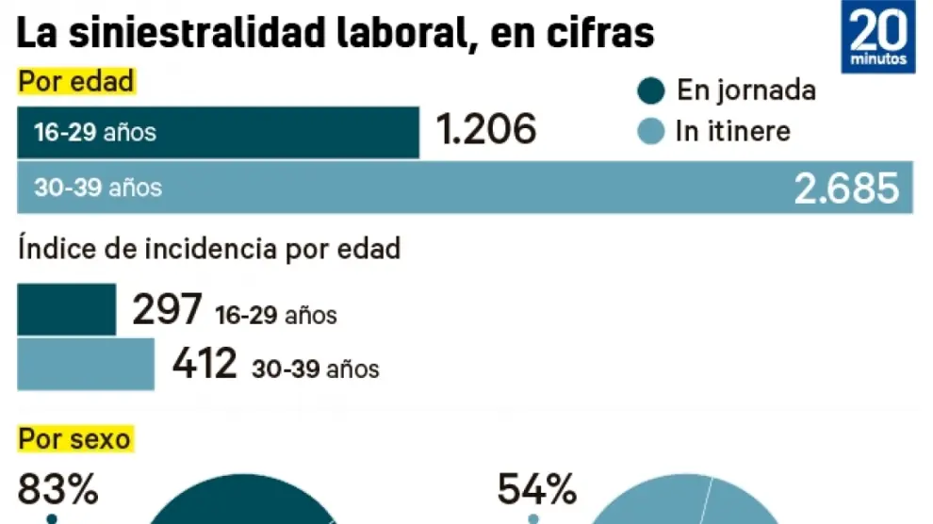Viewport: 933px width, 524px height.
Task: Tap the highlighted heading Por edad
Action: coord(75,82)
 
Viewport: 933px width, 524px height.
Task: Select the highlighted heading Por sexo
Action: coord(74,438)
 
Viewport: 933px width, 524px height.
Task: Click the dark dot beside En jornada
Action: coord(651,91)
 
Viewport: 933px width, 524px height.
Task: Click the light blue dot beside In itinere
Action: coord(651,131)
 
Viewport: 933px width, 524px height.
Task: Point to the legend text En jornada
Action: coord(745,90)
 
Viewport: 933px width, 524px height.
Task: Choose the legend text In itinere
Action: coord(732,131)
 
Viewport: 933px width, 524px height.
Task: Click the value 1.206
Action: coord(486,130)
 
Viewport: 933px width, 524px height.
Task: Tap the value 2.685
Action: coord(845,189)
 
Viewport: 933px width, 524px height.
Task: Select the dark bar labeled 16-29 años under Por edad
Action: coord(218,132)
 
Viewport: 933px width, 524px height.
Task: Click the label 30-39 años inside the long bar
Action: coord(98,188)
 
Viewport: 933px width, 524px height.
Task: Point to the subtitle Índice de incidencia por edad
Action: coord(208,249)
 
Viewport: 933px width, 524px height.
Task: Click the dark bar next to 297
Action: coord(66,309)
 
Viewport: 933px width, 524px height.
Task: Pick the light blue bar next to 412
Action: coord(85,364)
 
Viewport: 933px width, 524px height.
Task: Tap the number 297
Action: coord(167,309)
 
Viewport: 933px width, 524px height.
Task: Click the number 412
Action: coord(205,364)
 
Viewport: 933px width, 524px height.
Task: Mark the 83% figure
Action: coord(57,490)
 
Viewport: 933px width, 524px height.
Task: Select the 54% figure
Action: coord(536,490)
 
